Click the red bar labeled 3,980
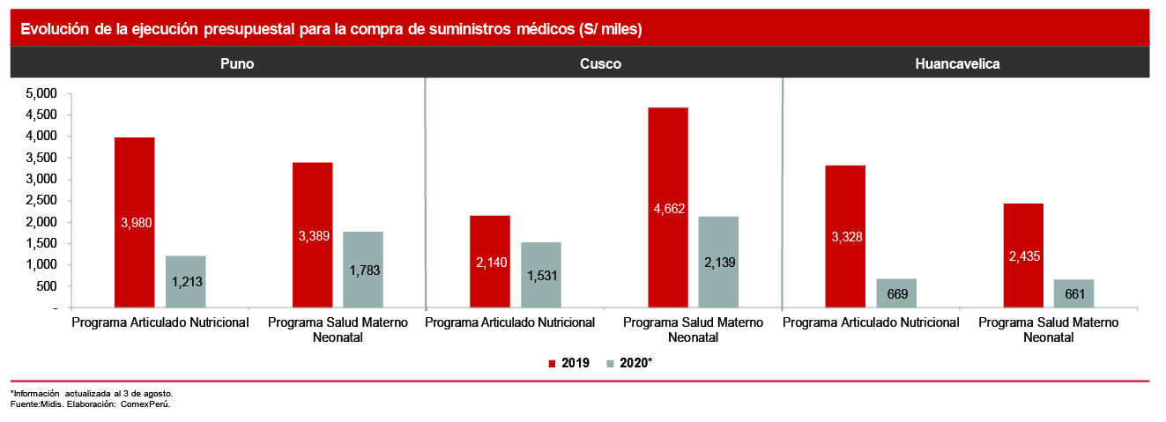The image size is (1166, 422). pyautogui.click(x=135, y=223)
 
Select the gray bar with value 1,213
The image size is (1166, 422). pyautogui.click(x=185, y=282)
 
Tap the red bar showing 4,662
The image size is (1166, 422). pyautogui.click(x=668, y=208)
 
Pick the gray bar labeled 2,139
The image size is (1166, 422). pyautogui.click(x=718, y=263)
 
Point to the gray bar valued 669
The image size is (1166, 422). pyautogui.click(x=896, y=293)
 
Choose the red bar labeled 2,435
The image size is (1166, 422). pyautogui.click(x=1022, y=255)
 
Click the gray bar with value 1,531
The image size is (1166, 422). pyautogui.click(x=540, y=275)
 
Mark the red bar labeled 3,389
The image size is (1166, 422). pyautogui.click(x=313, y=235)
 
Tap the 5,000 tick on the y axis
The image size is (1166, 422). pyautogui.click(x=41, y=93)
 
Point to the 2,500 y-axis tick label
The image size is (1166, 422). pyautogui.click(x=41, y=201)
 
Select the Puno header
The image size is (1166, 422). pyautogui.click(x=237, y=64)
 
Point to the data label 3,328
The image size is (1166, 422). pyautogui.click(x=847, y=237)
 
